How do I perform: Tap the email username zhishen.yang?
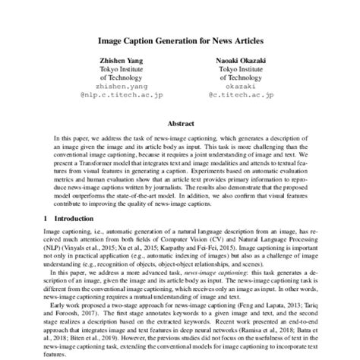(x=120, y=87)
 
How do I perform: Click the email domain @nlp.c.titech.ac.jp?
(x=120, y=96)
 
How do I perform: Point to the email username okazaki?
(x=239, y=87)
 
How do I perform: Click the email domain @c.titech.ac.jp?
(x=239, y=96)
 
